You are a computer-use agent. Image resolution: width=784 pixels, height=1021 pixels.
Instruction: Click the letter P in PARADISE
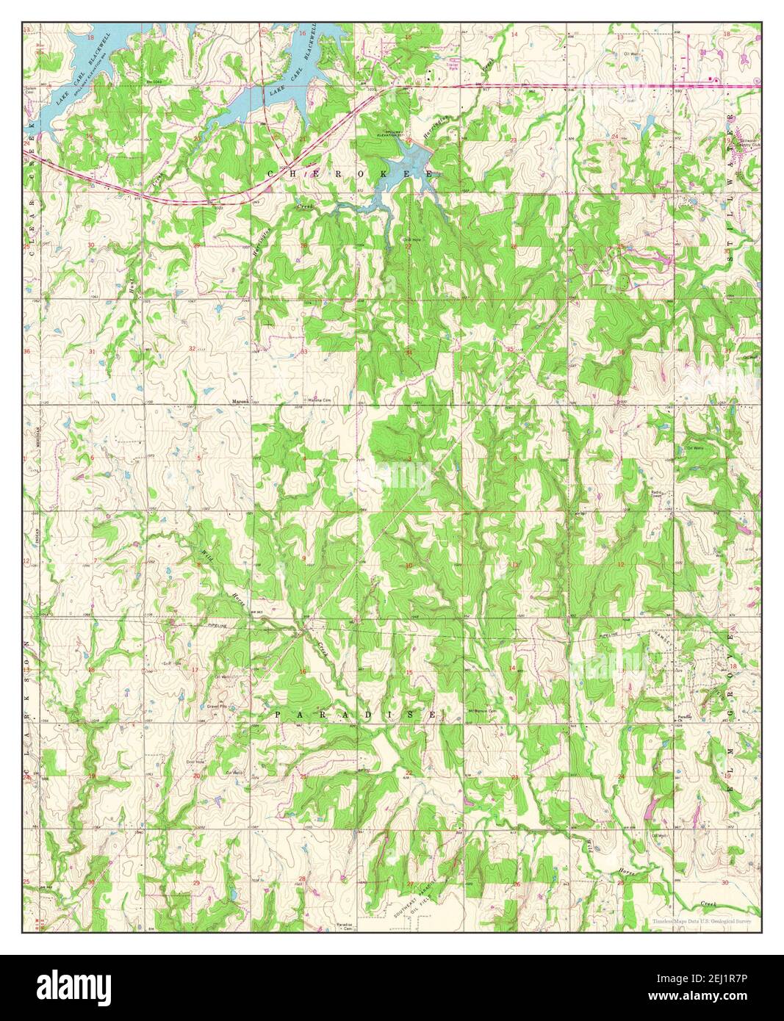click(279, 714)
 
